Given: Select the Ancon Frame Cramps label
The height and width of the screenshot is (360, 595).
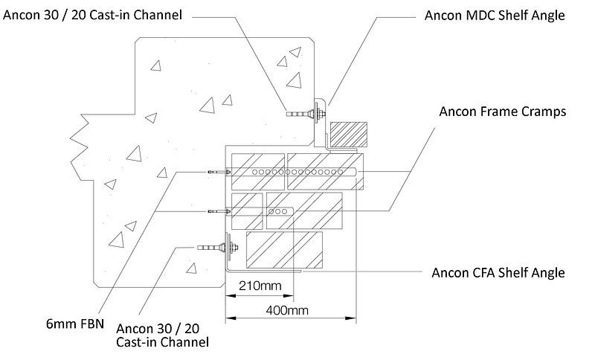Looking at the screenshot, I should tap(504, 112).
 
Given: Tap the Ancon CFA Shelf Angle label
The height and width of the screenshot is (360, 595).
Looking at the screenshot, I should tap(498, 272).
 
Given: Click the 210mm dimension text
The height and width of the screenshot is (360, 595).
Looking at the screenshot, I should tap(254, 286).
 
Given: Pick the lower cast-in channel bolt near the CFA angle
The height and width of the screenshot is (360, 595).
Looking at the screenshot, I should tap(216, 246).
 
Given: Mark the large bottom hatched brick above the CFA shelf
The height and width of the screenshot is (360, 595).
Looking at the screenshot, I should tap(284, 249).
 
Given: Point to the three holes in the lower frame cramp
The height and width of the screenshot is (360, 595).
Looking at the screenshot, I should tap(279, 211).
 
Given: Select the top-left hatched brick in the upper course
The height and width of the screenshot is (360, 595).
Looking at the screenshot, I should tap(257, 164).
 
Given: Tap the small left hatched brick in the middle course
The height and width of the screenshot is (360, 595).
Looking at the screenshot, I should tap(246, 210).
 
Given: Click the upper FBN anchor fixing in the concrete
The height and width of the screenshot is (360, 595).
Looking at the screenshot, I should tap(216, 172).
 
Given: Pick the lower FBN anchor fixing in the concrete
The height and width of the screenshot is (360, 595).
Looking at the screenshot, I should tap(216, 211).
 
